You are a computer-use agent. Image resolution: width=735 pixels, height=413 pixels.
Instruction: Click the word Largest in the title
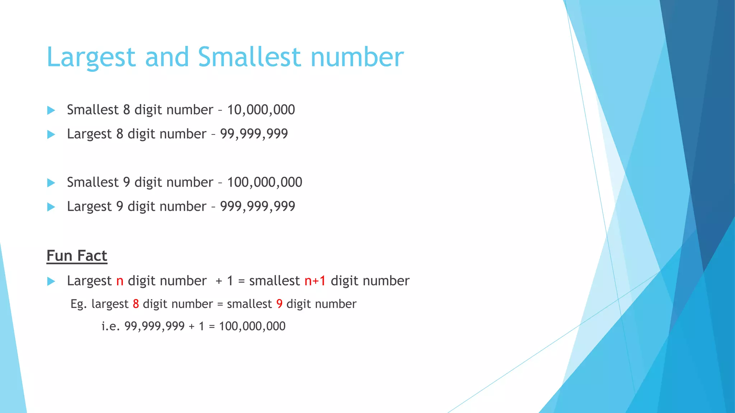pyautogui.click(x=91, y=57)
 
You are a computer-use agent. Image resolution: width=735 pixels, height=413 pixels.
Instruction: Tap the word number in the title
pyautogui.click(x=357, y=57)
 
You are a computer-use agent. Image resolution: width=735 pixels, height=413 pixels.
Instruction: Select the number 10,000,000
pyautogui.click(x=261, y=110)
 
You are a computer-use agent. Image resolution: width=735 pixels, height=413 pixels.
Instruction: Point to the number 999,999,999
pyautogui.click(x=257, y=206)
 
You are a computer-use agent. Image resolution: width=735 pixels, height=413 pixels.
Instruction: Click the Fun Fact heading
pyautogui.click(x=77, y=256)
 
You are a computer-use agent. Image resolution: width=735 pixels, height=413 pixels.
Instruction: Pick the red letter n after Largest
pyautogui.click(x=120, y=281)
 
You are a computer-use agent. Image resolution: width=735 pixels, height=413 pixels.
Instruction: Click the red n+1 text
pyautogui.click(x=315, y=281)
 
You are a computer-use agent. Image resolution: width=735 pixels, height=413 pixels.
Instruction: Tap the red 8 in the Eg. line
pyautogui.click(x=136, y=304)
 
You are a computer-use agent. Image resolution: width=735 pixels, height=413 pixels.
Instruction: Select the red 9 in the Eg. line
pyautogui.click(x=279, y=304)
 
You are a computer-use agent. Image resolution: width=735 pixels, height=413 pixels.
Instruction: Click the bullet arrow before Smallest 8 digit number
pyautogui.click(x=51, y=110)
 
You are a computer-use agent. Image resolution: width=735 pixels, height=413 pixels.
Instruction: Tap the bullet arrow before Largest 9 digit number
pyautogui.click(x=51, y=207)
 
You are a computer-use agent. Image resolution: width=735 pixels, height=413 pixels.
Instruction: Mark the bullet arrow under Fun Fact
pyautogui.click(x=51, y=281)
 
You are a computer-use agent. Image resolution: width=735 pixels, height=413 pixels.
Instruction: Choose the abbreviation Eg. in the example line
pyautogui.click(x=79, y=304)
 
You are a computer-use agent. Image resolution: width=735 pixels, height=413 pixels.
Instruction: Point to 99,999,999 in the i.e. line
pyautogui.click(x=154, y=326)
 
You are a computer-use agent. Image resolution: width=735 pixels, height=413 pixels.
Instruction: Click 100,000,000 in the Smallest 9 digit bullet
pyautogui.click(x=264, y=182)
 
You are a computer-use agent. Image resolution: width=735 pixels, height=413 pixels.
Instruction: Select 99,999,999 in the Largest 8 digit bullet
pyautogui.click(x=254, y=134)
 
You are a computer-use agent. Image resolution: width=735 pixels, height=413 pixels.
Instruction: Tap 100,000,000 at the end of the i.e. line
pyautogui.click(x=252, y=326)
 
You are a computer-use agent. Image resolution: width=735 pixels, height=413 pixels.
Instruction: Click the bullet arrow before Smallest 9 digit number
pyautogui.click(x=51, y=183)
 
